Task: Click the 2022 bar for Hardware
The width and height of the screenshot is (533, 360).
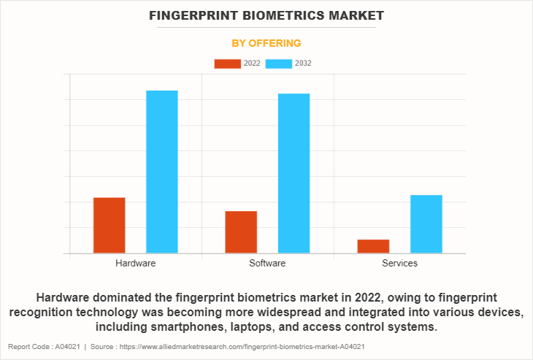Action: click(x=109, y=225)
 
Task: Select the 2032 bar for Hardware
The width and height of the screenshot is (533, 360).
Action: click(x=162, y=172)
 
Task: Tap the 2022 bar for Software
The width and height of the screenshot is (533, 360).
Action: click(x=241, y=231)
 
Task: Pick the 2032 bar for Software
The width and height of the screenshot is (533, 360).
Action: click(x=294, y=173)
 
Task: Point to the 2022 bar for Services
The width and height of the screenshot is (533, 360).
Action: click(x=373, y=246)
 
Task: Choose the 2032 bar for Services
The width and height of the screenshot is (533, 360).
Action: click(x=426, y=223)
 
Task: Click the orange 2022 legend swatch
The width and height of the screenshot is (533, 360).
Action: click(x=227, y=64)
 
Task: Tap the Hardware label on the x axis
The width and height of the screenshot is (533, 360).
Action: click(x=136, y=263)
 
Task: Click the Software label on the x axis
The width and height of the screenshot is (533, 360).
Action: click(x=267, y=263)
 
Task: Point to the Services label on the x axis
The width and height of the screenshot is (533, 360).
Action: click(x=399, y=263)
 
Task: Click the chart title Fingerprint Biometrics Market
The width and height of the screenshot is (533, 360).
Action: click(x=266, y=15)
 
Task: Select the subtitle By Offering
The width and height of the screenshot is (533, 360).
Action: click(x=266, y=43)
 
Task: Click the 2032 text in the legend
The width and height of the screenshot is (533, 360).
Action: click(x=303, y=64)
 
